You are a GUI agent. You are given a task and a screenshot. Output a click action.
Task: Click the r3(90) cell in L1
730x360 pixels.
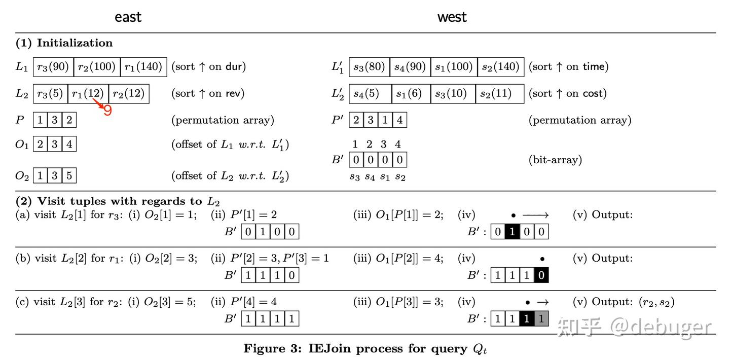[x=53, y=67]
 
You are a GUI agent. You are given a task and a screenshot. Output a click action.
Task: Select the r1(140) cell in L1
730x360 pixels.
[x=144, y=67]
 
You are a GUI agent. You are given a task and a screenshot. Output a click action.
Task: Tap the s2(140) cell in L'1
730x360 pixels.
[x=501, y=67]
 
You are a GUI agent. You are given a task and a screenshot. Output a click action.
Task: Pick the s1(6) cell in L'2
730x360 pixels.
[x=411, y=94]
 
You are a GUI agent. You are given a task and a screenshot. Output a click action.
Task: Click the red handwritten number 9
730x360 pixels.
[x=108, y=111]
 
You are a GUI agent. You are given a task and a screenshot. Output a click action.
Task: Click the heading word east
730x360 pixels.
[x=128, y=17]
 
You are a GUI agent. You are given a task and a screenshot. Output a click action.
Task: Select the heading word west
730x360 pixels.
[x=452, y=17]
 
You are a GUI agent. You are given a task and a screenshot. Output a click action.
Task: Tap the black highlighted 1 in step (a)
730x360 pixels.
[x=512, y=232]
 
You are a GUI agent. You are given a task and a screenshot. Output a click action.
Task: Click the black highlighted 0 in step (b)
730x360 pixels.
[x=541, y=275]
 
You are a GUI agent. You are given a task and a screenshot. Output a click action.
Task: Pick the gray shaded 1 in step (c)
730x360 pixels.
[x=541, y=318]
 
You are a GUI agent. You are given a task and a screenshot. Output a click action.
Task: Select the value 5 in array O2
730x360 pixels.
[x=69, y=175]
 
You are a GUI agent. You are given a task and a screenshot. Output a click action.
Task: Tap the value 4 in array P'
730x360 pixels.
[x=399, y=120]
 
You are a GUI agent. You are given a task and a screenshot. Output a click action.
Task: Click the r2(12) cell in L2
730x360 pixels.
[x=129, y=94]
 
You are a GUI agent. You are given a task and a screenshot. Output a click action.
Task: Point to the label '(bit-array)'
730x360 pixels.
[x=555, y=160]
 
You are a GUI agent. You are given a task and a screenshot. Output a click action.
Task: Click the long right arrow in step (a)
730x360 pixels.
[x=535, y=215]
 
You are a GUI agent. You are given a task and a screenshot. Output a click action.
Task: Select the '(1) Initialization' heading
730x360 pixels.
[x=64, y=43]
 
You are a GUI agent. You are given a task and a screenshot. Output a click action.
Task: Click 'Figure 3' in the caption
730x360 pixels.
[x=272, y=348]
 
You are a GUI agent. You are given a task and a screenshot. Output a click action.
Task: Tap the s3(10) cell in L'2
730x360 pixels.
[x=453, y=94]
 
